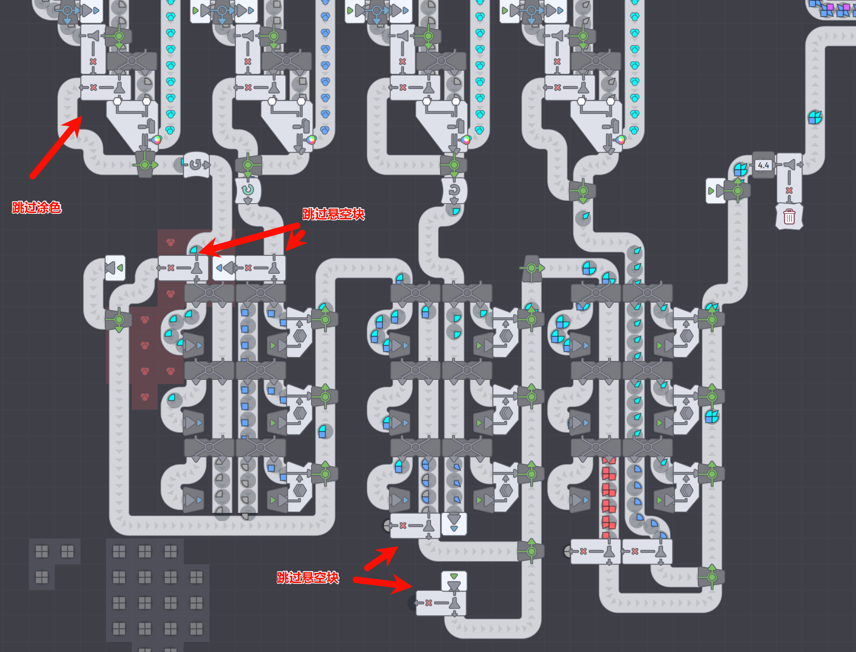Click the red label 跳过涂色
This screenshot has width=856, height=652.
point(37,208)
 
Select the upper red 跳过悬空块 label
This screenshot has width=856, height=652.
point(334,214)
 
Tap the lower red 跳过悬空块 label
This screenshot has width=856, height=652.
point(308,578)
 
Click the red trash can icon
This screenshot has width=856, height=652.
point(789,217)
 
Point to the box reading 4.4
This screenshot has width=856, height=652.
point(763,165)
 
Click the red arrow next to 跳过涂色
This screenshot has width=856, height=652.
point(56,147)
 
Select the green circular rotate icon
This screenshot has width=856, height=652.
point(248,190)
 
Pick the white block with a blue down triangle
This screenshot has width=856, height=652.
point(454,524)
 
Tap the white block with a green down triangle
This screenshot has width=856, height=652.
point(454,581)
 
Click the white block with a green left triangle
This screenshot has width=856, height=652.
point(115,268)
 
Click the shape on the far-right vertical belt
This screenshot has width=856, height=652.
point(815,118)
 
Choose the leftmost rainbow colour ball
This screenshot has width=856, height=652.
point(157,140)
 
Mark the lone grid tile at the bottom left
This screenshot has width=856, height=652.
point(42,577)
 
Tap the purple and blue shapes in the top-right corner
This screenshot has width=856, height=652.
point(833,8)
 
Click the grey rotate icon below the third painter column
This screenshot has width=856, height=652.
point(454,190)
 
